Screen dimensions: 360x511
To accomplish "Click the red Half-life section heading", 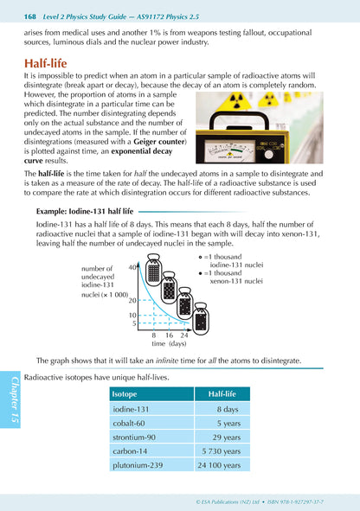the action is point(45,63).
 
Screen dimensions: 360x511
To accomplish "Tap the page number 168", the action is point(30,16).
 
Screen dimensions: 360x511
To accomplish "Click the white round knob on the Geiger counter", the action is point(268,154).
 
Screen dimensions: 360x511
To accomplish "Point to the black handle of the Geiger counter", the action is point(239,119).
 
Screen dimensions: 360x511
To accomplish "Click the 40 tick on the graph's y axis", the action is point(132,267).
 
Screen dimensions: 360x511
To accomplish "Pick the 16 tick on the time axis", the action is point(169,335).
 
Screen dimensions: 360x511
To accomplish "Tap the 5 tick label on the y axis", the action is point(134,323).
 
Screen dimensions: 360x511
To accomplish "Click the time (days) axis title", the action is point(169,343).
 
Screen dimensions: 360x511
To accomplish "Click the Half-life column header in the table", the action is point(222,394).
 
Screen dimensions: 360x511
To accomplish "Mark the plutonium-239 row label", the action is point(138,465).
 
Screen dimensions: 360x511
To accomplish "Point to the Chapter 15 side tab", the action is point(10,399).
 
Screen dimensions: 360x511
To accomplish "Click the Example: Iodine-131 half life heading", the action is point(85,212).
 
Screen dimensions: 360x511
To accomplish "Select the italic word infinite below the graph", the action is point(167,361).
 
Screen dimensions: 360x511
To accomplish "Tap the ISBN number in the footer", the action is point(295,502).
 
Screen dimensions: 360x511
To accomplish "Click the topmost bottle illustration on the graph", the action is point(153,270).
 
